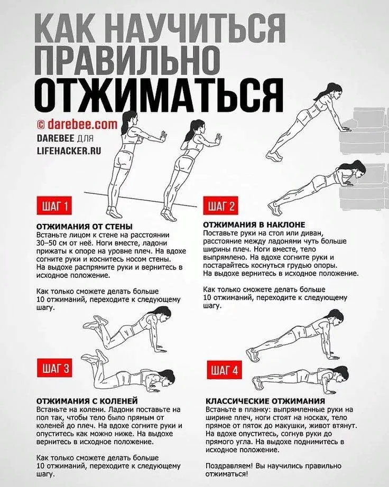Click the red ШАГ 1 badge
pyautogui.click(x=55, y=206)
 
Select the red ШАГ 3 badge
pyautogui.click(x=55, y=369)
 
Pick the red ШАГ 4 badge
pyautogui.click(x=225, y=370)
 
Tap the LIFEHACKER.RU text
pyautogui.click(x=69, y=150)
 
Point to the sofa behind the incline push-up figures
pyautogui.click(x=365, y=158)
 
